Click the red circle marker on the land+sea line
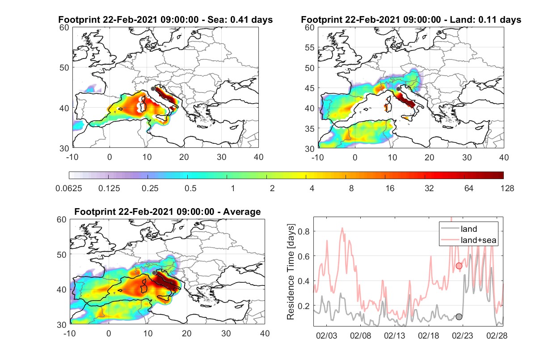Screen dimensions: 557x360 coord(459,266)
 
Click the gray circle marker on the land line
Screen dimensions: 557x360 coord(459,317)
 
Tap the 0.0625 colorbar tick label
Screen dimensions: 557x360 coord(69,188)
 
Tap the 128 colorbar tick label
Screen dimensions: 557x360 coord(507,188)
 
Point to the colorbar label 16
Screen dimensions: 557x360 coord(390,188)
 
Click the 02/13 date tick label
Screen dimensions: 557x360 coord(394,335)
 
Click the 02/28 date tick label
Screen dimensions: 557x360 coord(497,335)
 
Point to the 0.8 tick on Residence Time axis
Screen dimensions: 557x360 coord(304,231)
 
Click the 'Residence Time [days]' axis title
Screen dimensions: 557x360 coord(291,272)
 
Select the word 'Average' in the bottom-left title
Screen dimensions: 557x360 coord(242,212)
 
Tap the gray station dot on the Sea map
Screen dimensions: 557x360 coord(153,89)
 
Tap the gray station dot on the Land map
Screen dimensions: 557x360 coord(398,89)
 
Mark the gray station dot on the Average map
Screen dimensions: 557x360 coord(154,273)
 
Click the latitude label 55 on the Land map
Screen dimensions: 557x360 coord(310,48)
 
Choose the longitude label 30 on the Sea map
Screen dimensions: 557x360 coord(221,157)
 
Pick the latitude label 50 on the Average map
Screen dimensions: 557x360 coord(61,255)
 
